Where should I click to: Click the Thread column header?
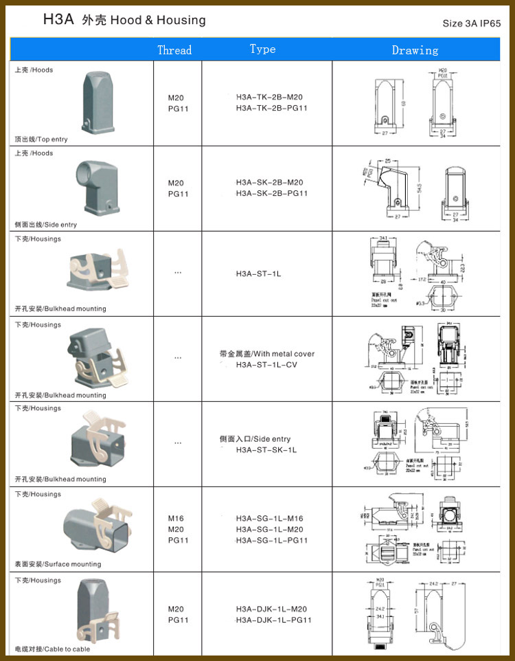174,50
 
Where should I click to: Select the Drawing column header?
415,50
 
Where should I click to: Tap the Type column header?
262,49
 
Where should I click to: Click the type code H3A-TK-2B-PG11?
271,109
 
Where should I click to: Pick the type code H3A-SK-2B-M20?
269,183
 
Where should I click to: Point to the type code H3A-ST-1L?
258,274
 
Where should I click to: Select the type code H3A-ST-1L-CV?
266,365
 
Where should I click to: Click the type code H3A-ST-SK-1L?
266,450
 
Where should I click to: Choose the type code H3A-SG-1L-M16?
269,519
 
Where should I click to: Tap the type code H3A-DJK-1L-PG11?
273,620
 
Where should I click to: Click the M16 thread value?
176,519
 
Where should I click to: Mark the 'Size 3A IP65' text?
472,23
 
